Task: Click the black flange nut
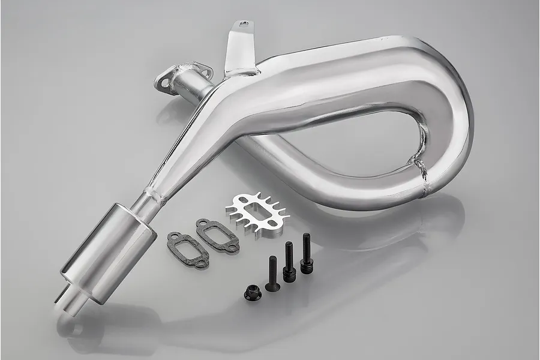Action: click(x=252, y=293)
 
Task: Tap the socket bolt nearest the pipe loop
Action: click(x=307, y=255)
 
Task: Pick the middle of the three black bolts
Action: click(x=289, y=263)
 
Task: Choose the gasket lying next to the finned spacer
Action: click(x=217, y=234)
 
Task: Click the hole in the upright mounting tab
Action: click(x=244, y=25)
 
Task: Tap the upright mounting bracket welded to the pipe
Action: click(x=238, y=51)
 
